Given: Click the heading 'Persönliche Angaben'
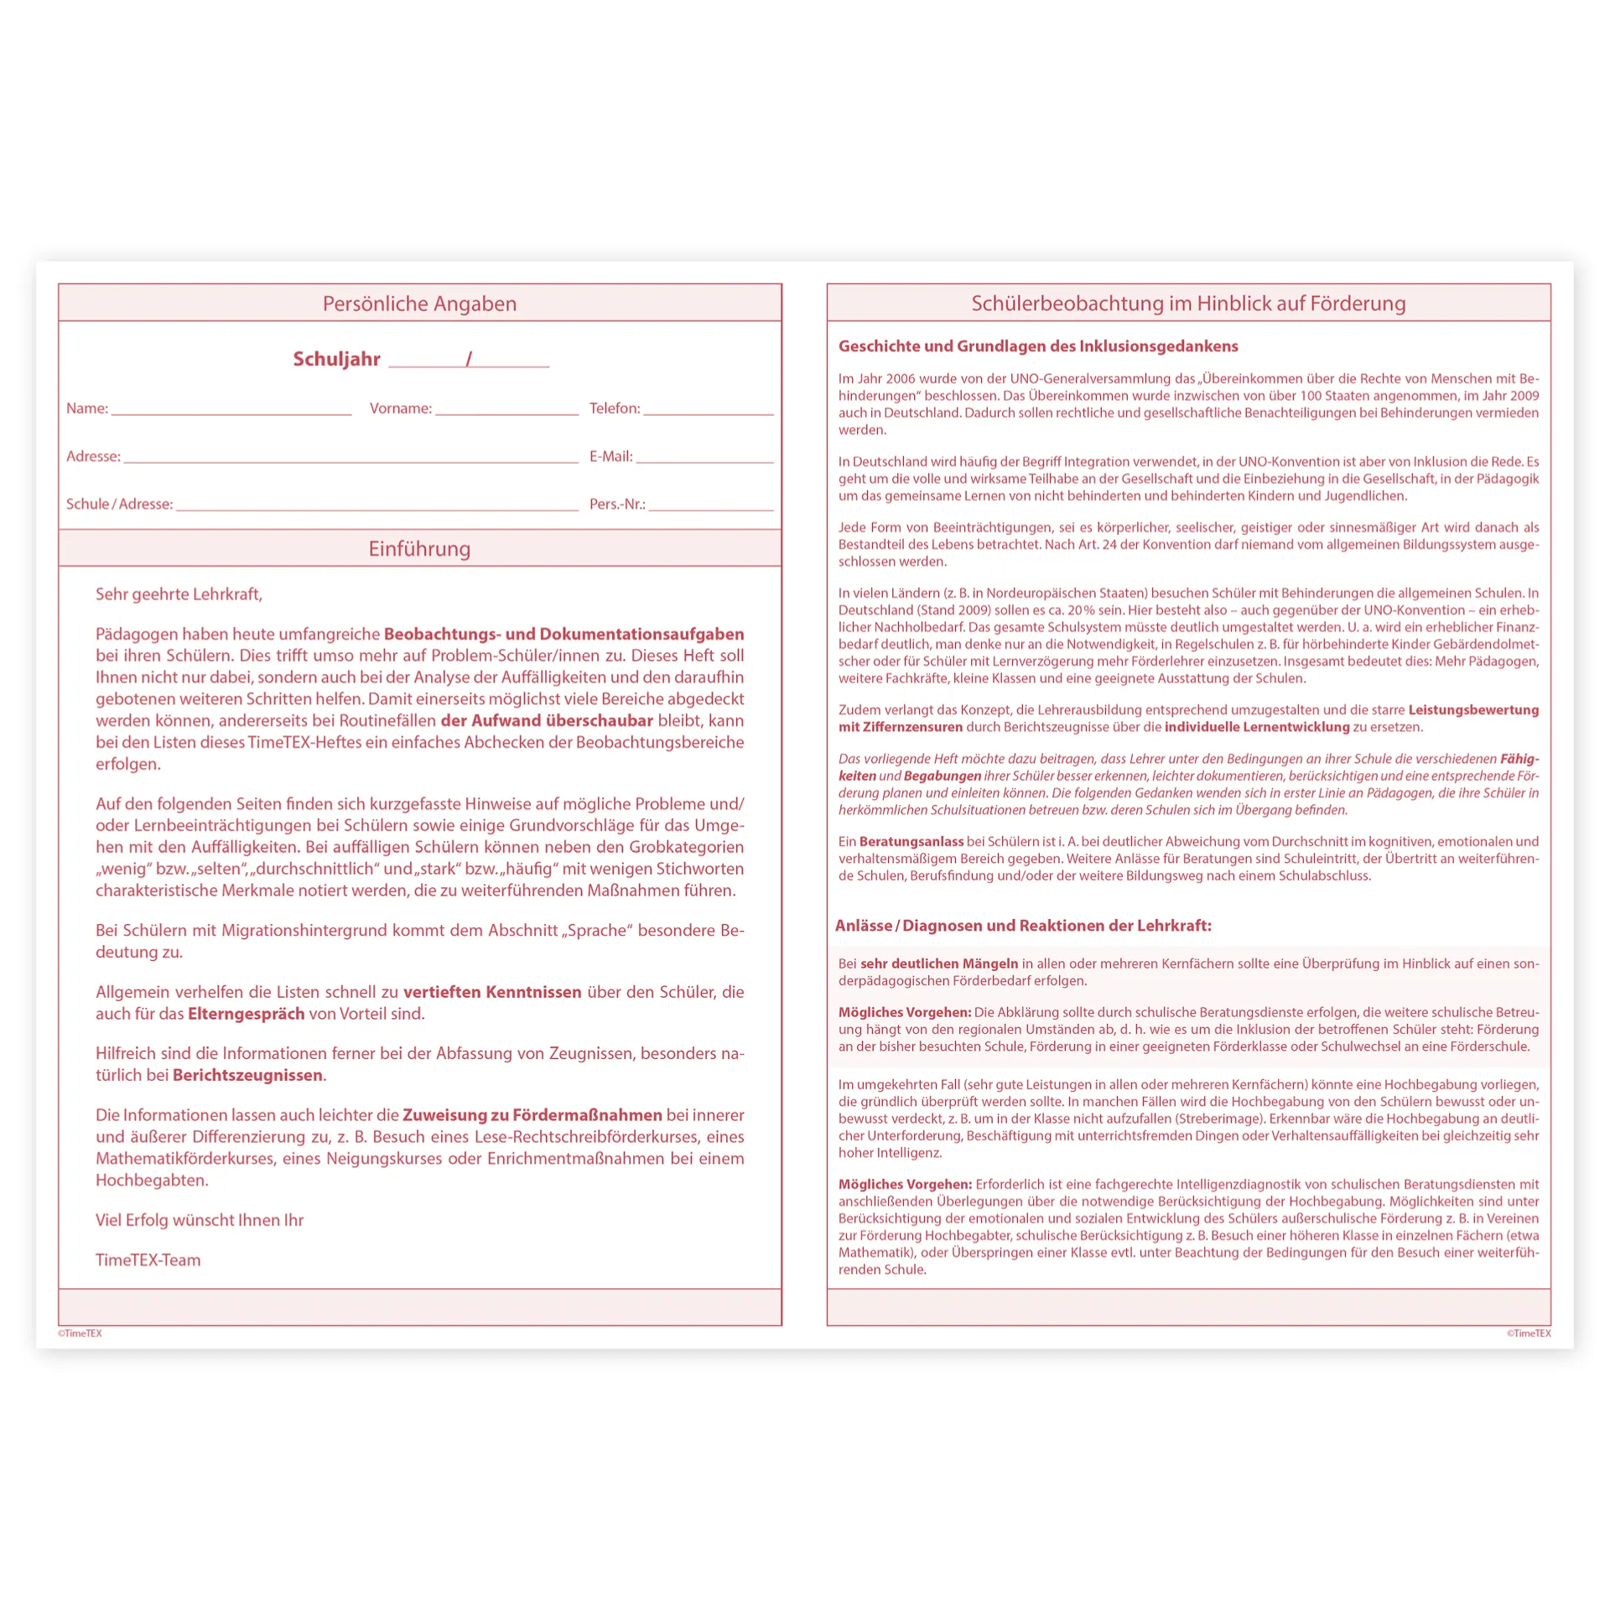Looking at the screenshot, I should coord(419,304).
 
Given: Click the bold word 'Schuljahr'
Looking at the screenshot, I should coord(336,359).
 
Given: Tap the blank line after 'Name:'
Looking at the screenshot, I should coord(231,411).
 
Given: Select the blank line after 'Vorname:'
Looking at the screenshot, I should coord(506,411).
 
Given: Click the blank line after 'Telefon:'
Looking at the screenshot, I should coord(709,411).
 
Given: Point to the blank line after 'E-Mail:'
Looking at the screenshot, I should coord(704,459).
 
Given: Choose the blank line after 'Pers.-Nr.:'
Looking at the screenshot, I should coord(711,506).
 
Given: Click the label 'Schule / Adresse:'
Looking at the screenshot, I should coord(119,504).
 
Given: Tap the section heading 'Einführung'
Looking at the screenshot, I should coord(419,548).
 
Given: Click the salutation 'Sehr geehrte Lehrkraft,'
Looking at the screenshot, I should coord(179,594).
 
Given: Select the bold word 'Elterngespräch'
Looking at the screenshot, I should coord(246,1013).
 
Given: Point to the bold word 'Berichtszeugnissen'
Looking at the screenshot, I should coord(247,1075).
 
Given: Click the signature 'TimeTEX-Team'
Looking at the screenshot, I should coord(148,1259).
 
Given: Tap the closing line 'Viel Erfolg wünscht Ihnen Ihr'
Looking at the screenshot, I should coord(200,1219).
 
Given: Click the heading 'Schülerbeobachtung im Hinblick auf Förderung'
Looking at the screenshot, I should coord(1188,304).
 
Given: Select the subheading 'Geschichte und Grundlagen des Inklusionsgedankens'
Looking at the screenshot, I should coord(1038,345).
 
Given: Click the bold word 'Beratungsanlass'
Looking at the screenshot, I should coord(911,841).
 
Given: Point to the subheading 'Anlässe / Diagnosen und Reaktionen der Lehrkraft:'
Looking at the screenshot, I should coord(1023,925).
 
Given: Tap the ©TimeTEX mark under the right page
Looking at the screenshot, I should coord(1528,1333).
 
